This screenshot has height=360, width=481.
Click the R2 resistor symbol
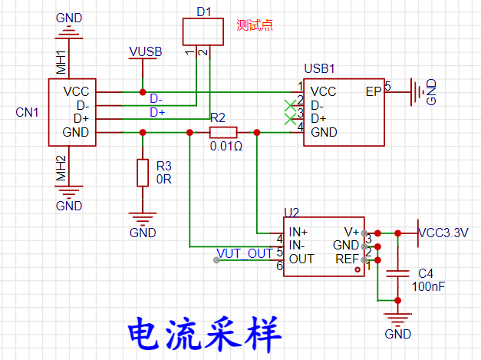coord(223,132)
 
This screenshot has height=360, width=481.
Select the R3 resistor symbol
coord(142,173)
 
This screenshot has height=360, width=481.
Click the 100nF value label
coord(427,286)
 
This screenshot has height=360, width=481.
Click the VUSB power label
coord(145,51)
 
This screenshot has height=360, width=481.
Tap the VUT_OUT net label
coord(245,253)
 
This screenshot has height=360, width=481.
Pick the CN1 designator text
coord(28,112)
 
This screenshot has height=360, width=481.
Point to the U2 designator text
coord(291,212)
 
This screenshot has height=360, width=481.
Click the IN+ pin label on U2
coord(298,232)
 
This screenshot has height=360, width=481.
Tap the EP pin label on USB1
coord(374,91)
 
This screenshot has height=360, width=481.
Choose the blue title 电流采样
coord(206,332)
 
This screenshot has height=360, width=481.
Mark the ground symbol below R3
coord(142,220)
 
